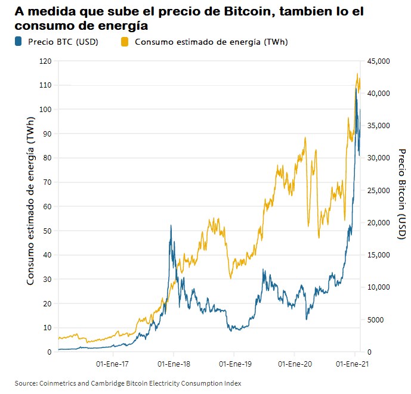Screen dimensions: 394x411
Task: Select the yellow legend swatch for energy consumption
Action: point(125,42)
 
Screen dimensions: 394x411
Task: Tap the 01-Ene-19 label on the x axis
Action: point(233,362)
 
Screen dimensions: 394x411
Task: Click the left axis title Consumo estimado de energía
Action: point(30,206)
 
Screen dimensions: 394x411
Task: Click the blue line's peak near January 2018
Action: point(171,225)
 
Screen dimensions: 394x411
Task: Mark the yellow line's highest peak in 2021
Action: point(357,74)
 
